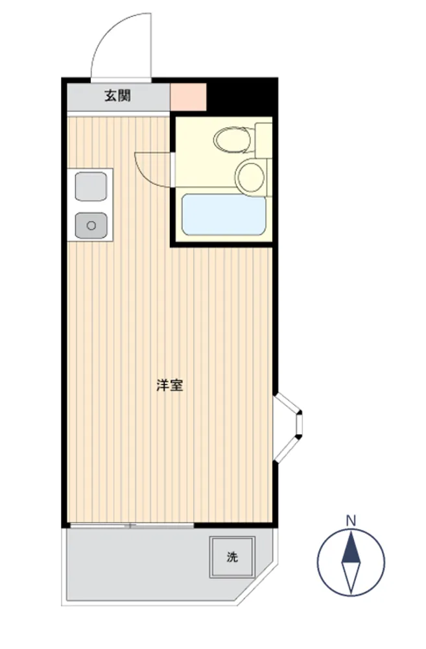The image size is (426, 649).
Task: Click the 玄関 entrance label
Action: [x=118, y=95]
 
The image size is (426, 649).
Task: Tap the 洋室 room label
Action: [x=170, y=386]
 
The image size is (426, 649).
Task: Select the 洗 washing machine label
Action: [x=232, y=557]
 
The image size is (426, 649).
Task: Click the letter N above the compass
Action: [x=351, y=520]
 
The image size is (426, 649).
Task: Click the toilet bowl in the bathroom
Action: [x=233, y=139]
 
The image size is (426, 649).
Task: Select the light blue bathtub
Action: [x=224, y=214]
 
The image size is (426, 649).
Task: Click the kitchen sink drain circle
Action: [x=91, y=226]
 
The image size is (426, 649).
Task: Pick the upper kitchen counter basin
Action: [x=91, y=187]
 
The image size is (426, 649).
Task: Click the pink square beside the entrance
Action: [x=188, y=97]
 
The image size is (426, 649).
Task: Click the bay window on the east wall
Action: [x=289, y=428]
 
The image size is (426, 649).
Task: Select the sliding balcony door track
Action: [x=132, y=526]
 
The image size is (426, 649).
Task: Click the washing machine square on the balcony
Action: [x=231, y=557]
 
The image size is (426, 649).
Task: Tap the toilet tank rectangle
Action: [x=263, y=140]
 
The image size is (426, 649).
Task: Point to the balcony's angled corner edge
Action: [x=255, y=583]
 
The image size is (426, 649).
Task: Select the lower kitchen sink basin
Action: [x=91, y=226]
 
